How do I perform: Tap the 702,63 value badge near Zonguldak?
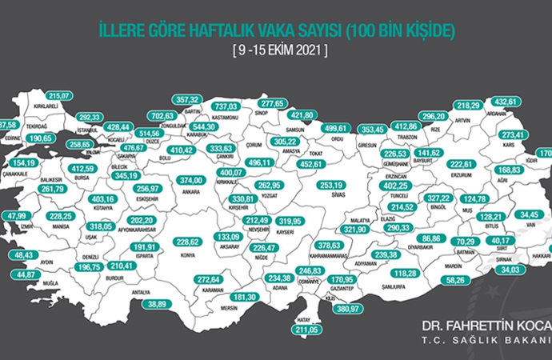[x=163, y=116]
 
